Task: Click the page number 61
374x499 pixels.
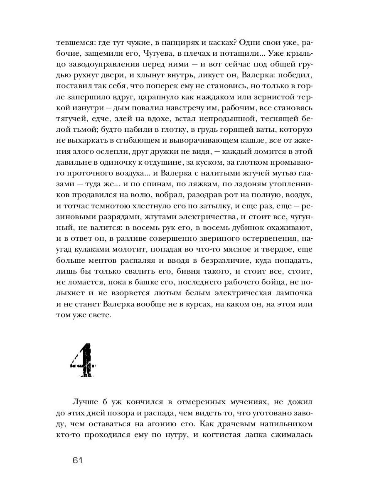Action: coord(78,460)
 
